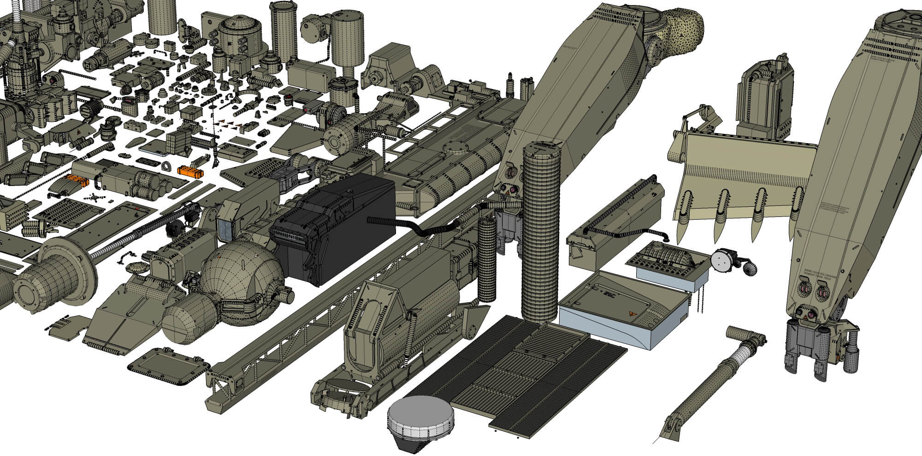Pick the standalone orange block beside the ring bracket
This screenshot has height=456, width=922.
pos(191,171)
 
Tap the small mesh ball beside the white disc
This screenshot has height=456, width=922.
pos(750,269)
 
